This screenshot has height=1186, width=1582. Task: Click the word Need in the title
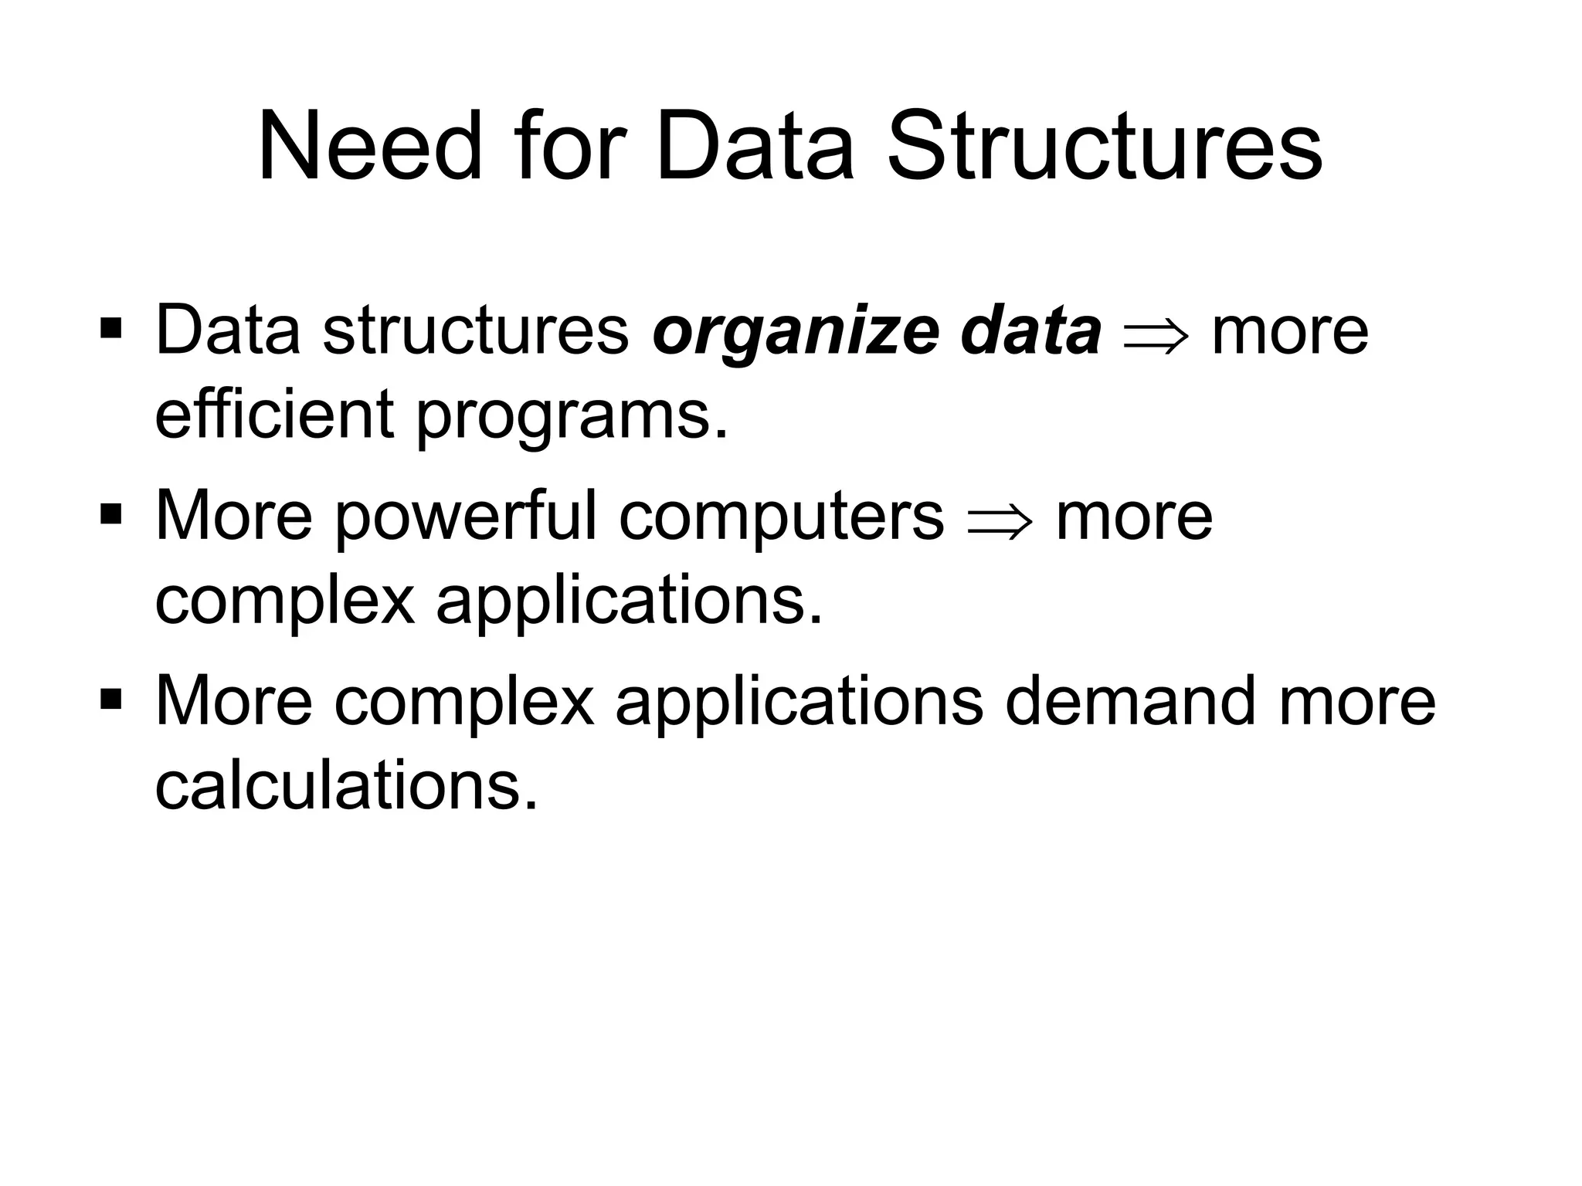point(370,147)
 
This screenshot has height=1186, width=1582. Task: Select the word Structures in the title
point(1105,147)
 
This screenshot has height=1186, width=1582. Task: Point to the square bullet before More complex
point(111,697)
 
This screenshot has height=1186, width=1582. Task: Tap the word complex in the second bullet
point(284,602)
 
